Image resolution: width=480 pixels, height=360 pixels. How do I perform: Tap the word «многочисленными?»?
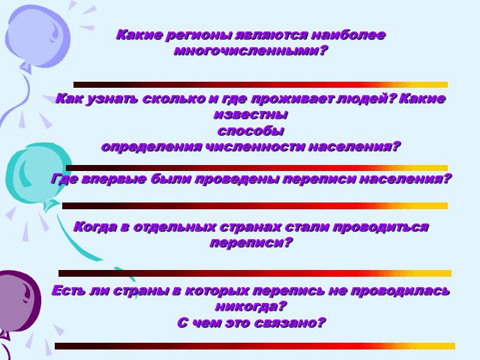250,51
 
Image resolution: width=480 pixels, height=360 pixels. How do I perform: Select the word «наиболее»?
348,34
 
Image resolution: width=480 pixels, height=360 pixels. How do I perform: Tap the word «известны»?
251,115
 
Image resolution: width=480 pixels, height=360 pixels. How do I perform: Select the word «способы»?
250,131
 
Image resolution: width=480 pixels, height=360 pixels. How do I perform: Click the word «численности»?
254,147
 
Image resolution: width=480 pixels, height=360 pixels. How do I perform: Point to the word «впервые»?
114,179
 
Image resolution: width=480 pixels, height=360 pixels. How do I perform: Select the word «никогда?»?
250,307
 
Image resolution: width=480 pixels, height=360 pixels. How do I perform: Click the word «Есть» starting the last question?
69,290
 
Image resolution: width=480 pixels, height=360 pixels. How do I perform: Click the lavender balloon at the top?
37,37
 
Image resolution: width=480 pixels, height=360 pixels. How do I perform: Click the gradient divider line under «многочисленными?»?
260,85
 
